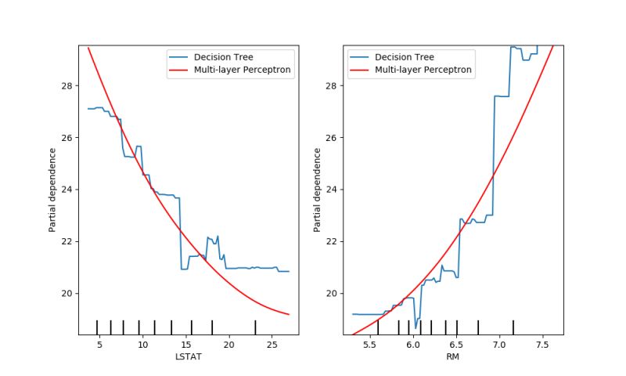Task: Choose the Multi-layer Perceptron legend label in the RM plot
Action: [423, 70]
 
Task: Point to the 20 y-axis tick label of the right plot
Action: [332, 294]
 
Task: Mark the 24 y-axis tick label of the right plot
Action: [332, 190]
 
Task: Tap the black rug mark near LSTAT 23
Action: [255, 327]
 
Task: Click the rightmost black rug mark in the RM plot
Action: [513, 327]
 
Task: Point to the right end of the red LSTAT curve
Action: [289, 314]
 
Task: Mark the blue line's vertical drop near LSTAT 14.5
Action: [181, 233]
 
